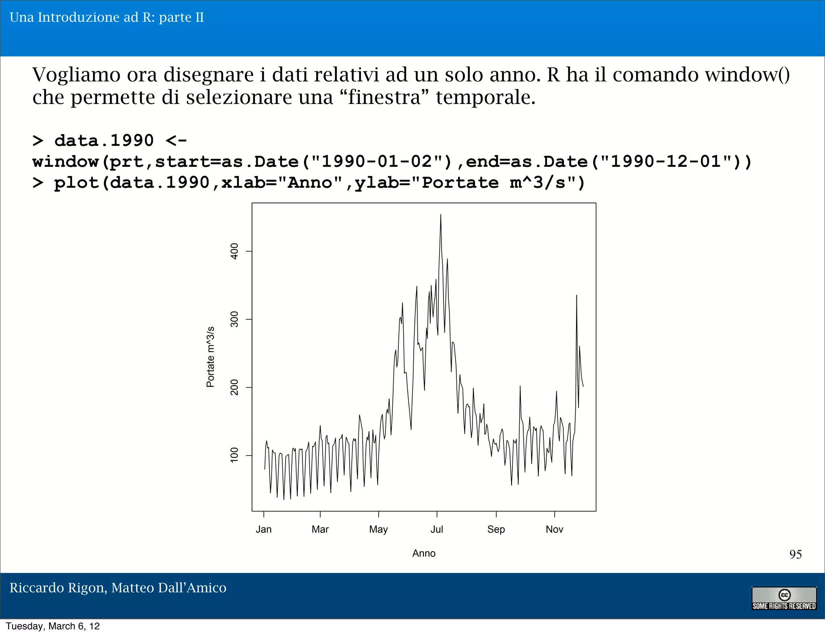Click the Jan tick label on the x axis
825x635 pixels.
[263, 529]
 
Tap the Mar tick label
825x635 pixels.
[320, 529]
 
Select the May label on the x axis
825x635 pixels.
[378, 529]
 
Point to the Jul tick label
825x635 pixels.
[437, 529]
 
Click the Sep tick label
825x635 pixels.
[496, 529]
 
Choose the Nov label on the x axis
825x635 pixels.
[554, 529]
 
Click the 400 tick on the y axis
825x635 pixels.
[234, 251]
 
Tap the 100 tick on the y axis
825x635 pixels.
[234, 455]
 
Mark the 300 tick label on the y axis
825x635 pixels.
[234, 319]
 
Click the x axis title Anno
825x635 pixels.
[424, 553]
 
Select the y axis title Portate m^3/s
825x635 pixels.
[210, 357]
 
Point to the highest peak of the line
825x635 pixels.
[440, 215]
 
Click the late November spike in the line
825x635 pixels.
[576, 296]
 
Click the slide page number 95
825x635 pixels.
[795, 554]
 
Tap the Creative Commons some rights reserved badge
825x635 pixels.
[784, 598]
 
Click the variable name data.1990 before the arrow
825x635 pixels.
[104, 141]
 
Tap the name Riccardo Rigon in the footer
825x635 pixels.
[58, 588]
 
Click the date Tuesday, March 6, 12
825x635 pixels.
[53, 626]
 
